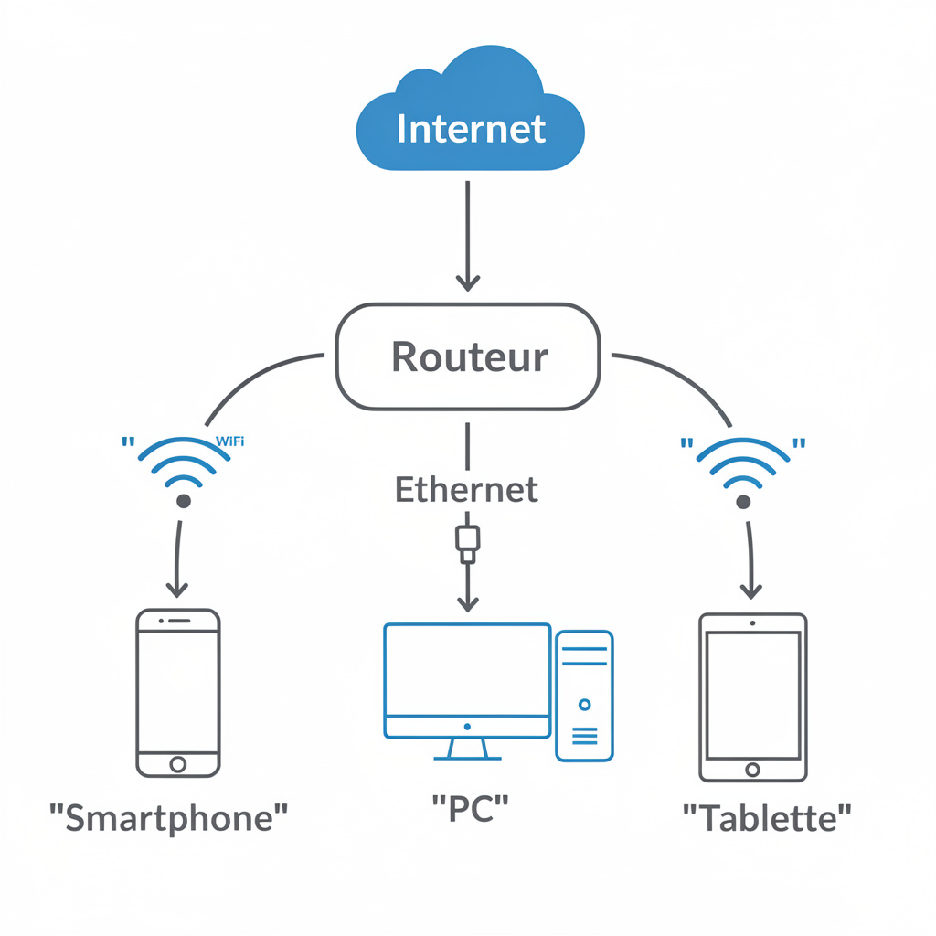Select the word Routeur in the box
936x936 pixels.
click(x=470, y=356)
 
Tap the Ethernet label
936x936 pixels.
click(x=466, y=490)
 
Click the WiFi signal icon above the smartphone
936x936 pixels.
click(x=183, y=471)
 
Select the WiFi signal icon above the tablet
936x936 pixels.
click(x=743, y=471)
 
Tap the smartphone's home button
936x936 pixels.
click(x=178, y=763)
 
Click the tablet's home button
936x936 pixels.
click(x=752, y=770)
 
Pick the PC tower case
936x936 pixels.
click(x=584, y=695)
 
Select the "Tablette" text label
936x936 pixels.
click(x=767, y=816)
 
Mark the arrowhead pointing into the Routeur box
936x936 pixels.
click(x=467, y=282)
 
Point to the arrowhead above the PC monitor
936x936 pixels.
click(x=467, y=602)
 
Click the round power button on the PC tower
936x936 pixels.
click(x=584, y=705)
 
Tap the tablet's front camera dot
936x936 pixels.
click(x=752, y=623)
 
